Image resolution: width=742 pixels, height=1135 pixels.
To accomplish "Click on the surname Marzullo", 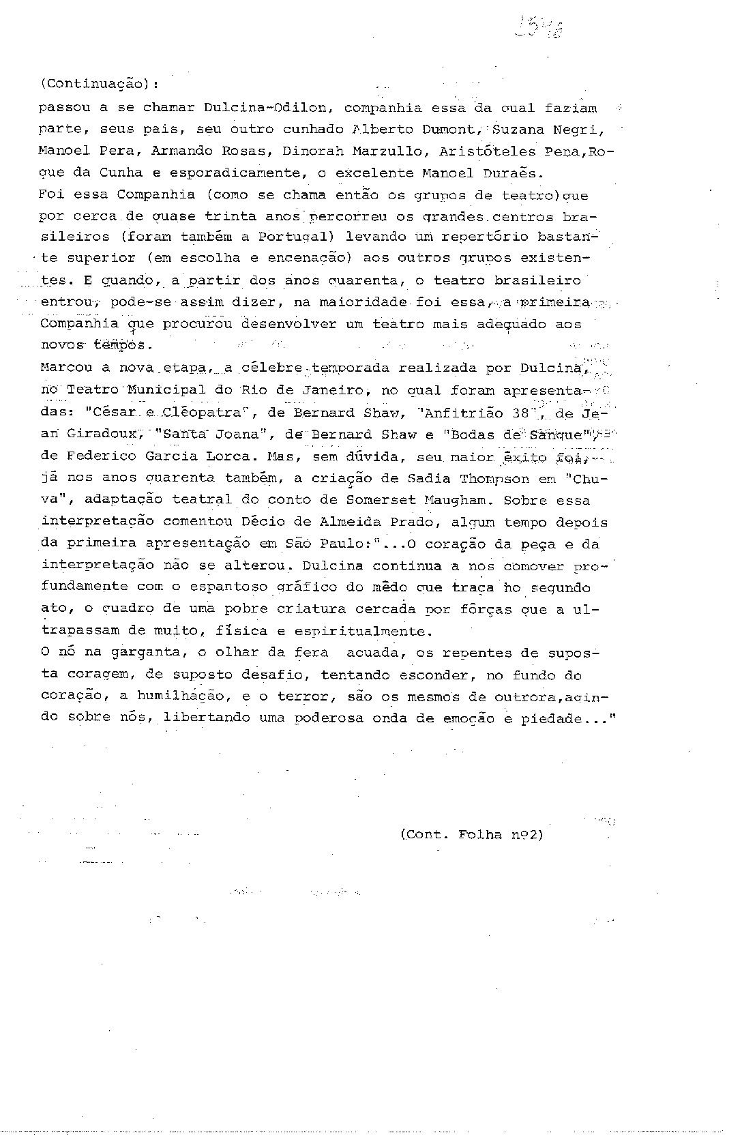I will click(396, 151).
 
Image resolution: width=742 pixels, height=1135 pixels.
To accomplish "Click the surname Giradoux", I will click(95, 434).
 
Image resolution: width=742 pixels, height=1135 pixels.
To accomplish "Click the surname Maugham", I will click(456, 500).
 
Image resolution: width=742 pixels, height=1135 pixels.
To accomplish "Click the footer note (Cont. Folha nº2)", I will click(471, 834).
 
